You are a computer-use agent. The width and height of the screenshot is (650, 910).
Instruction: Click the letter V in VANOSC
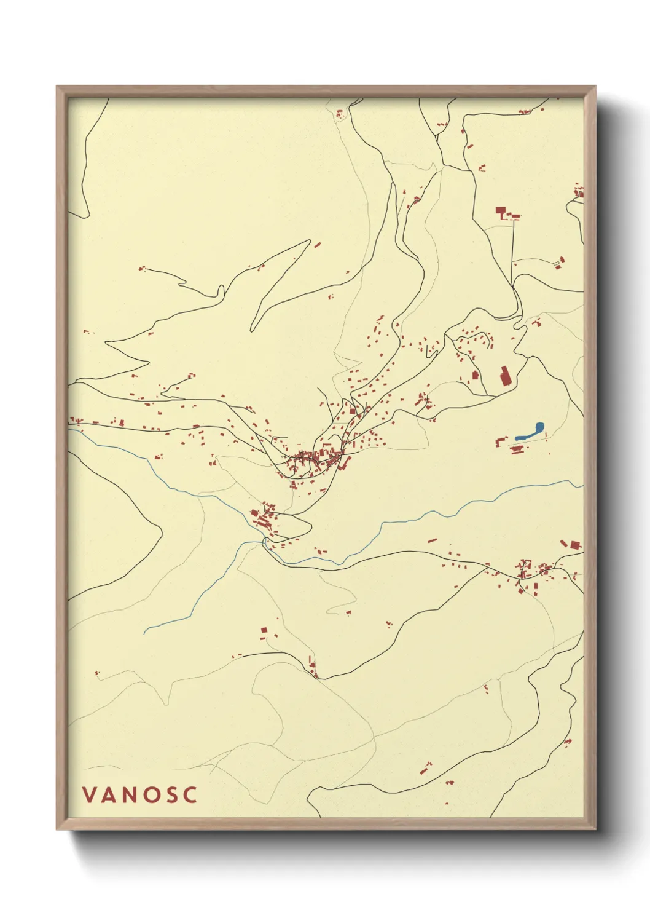(x=88, y=795)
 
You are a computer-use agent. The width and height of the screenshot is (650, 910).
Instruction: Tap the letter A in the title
(x=109, y=795)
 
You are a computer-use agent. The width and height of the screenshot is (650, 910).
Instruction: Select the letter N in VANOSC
(x=130, y=795)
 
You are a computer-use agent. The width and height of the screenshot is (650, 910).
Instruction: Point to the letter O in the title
(x=151, y=795)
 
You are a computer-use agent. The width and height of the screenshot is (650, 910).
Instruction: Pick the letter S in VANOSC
(x=171, y=795)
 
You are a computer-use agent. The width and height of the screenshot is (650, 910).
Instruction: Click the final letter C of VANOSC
(x=190, y=795)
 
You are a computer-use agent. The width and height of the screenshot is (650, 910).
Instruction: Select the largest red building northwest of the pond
(x=505, y=376)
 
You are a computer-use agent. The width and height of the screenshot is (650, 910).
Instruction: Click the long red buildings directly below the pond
(x=517, y=450)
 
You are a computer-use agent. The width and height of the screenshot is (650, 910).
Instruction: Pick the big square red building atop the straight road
(x=500, y=212)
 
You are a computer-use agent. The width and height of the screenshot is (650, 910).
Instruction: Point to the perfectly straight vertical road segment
(x=514, y=252)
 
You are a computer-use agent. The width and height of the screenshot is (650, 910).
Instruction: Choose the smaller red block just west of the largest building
(x=475, y=375)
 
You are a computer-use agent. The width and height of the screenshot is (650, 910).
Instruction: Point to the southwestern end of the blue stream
(x=146, y=632)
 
